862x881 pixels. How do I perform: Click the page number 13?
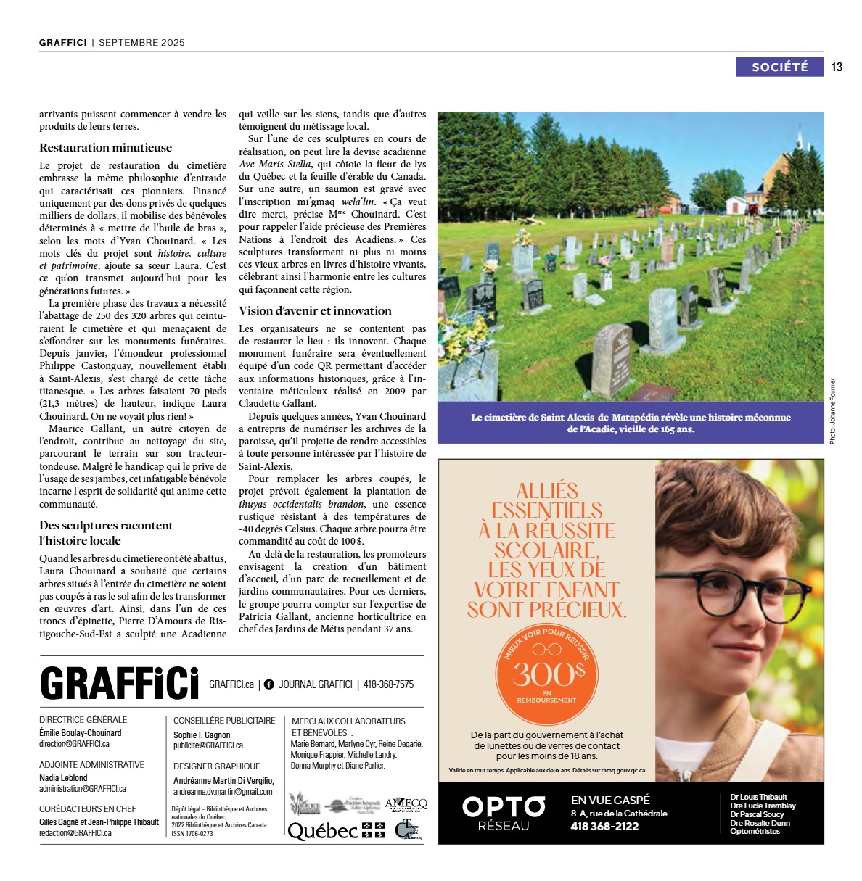pyautogui.click(x=837, y=67)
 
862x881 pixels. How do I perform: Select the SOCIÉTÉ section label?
pyautogui.click(x=779, y=67)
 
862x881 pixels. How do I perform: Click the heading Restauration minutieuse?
pyautogui.click(x=105, y=147)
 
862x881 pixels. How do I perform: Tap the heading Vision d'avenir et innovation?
pyautogui.click(x=315, y=310)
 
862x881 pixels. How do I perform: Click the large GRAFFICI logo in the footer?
pyautogui.click(x=119, y=683)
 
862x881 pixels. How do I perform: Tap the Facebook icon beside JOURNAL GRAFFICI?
pyautogui.click(x=269, y=684)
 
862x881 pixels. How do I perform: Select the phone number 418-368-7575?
pyautogui.click(x=388, y=684)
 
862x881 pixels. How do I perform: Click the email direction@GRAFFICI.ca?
pyautogui.click(x=74, y=744)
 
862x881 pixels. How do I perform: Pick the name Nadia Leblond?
pyautogui.click(x=63, y=777)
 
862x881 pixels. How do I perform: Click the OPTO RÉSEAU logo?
pyautogui.click(x=504, y=813)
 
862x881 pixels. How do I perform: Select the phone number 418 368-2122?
pyautogui.click(x=604, y=827)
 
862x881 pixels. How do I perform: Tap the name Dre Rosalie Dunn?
pyautogui.click(x=760, y=823)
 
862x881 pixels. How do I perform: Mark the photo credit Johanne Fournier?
pyautogui.click(x=832, y=410)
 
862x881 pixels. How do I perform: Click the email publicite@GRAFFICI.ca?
pyautogui.click(x=208, y=745)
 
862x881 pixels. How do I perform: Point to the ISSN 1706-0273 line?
pyautogui.click(x=192, y=834)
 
